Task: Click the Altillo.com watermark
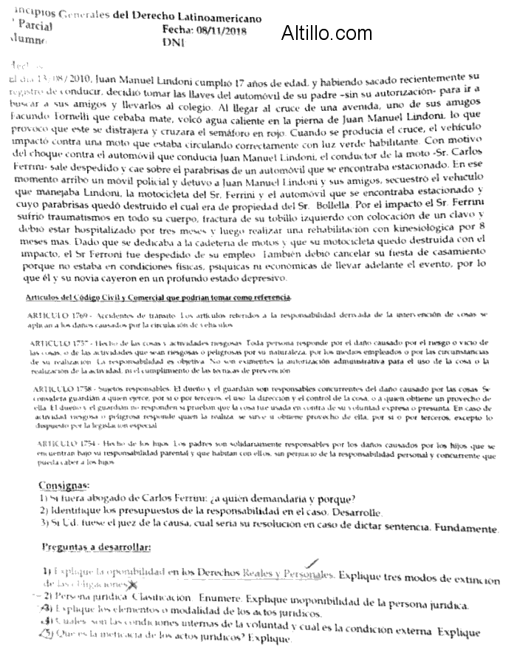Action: click(327, 33)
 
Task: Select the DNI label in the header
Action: click(172, 43)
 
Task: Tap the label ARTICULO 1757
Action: click(57, 346)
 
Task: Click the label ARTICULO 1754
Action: click(57, 441)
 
